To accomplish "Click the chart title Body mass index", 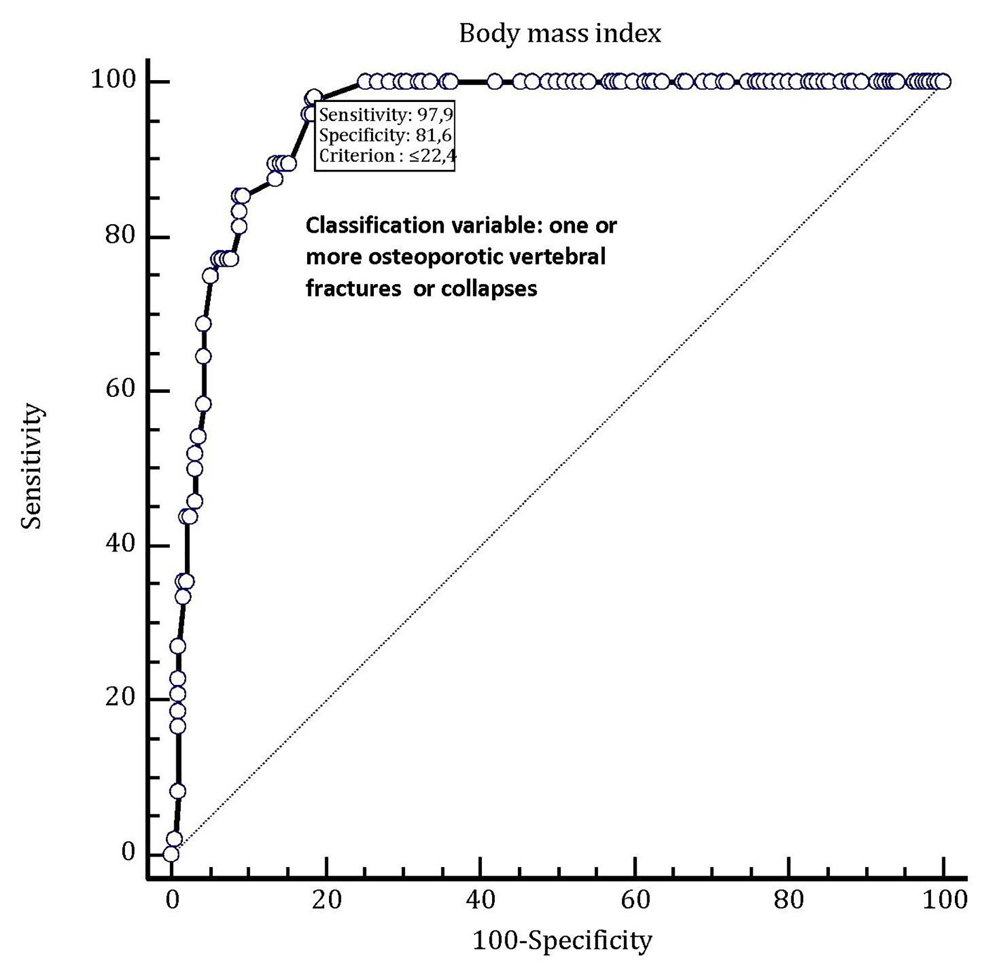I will tap(560, 34).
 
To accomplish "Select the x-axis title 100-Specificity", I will tap(563, 940).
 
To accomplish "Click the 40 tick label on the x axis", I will tap(480, 900).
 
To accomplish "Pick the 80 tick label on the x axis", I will tap(788, 900).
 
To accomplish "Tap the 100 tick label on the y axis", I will tap(113, 80).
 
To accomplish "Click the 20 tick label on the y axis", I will tap(121, 697).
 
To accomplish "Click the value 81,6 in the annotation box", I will tap(433, 135).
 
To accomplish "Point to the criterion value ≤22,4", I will tap(432, 155).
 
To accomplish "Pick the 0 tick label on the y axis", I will tap(128, 852).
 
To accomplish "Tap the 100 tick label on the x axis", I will tap(944, 900).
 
